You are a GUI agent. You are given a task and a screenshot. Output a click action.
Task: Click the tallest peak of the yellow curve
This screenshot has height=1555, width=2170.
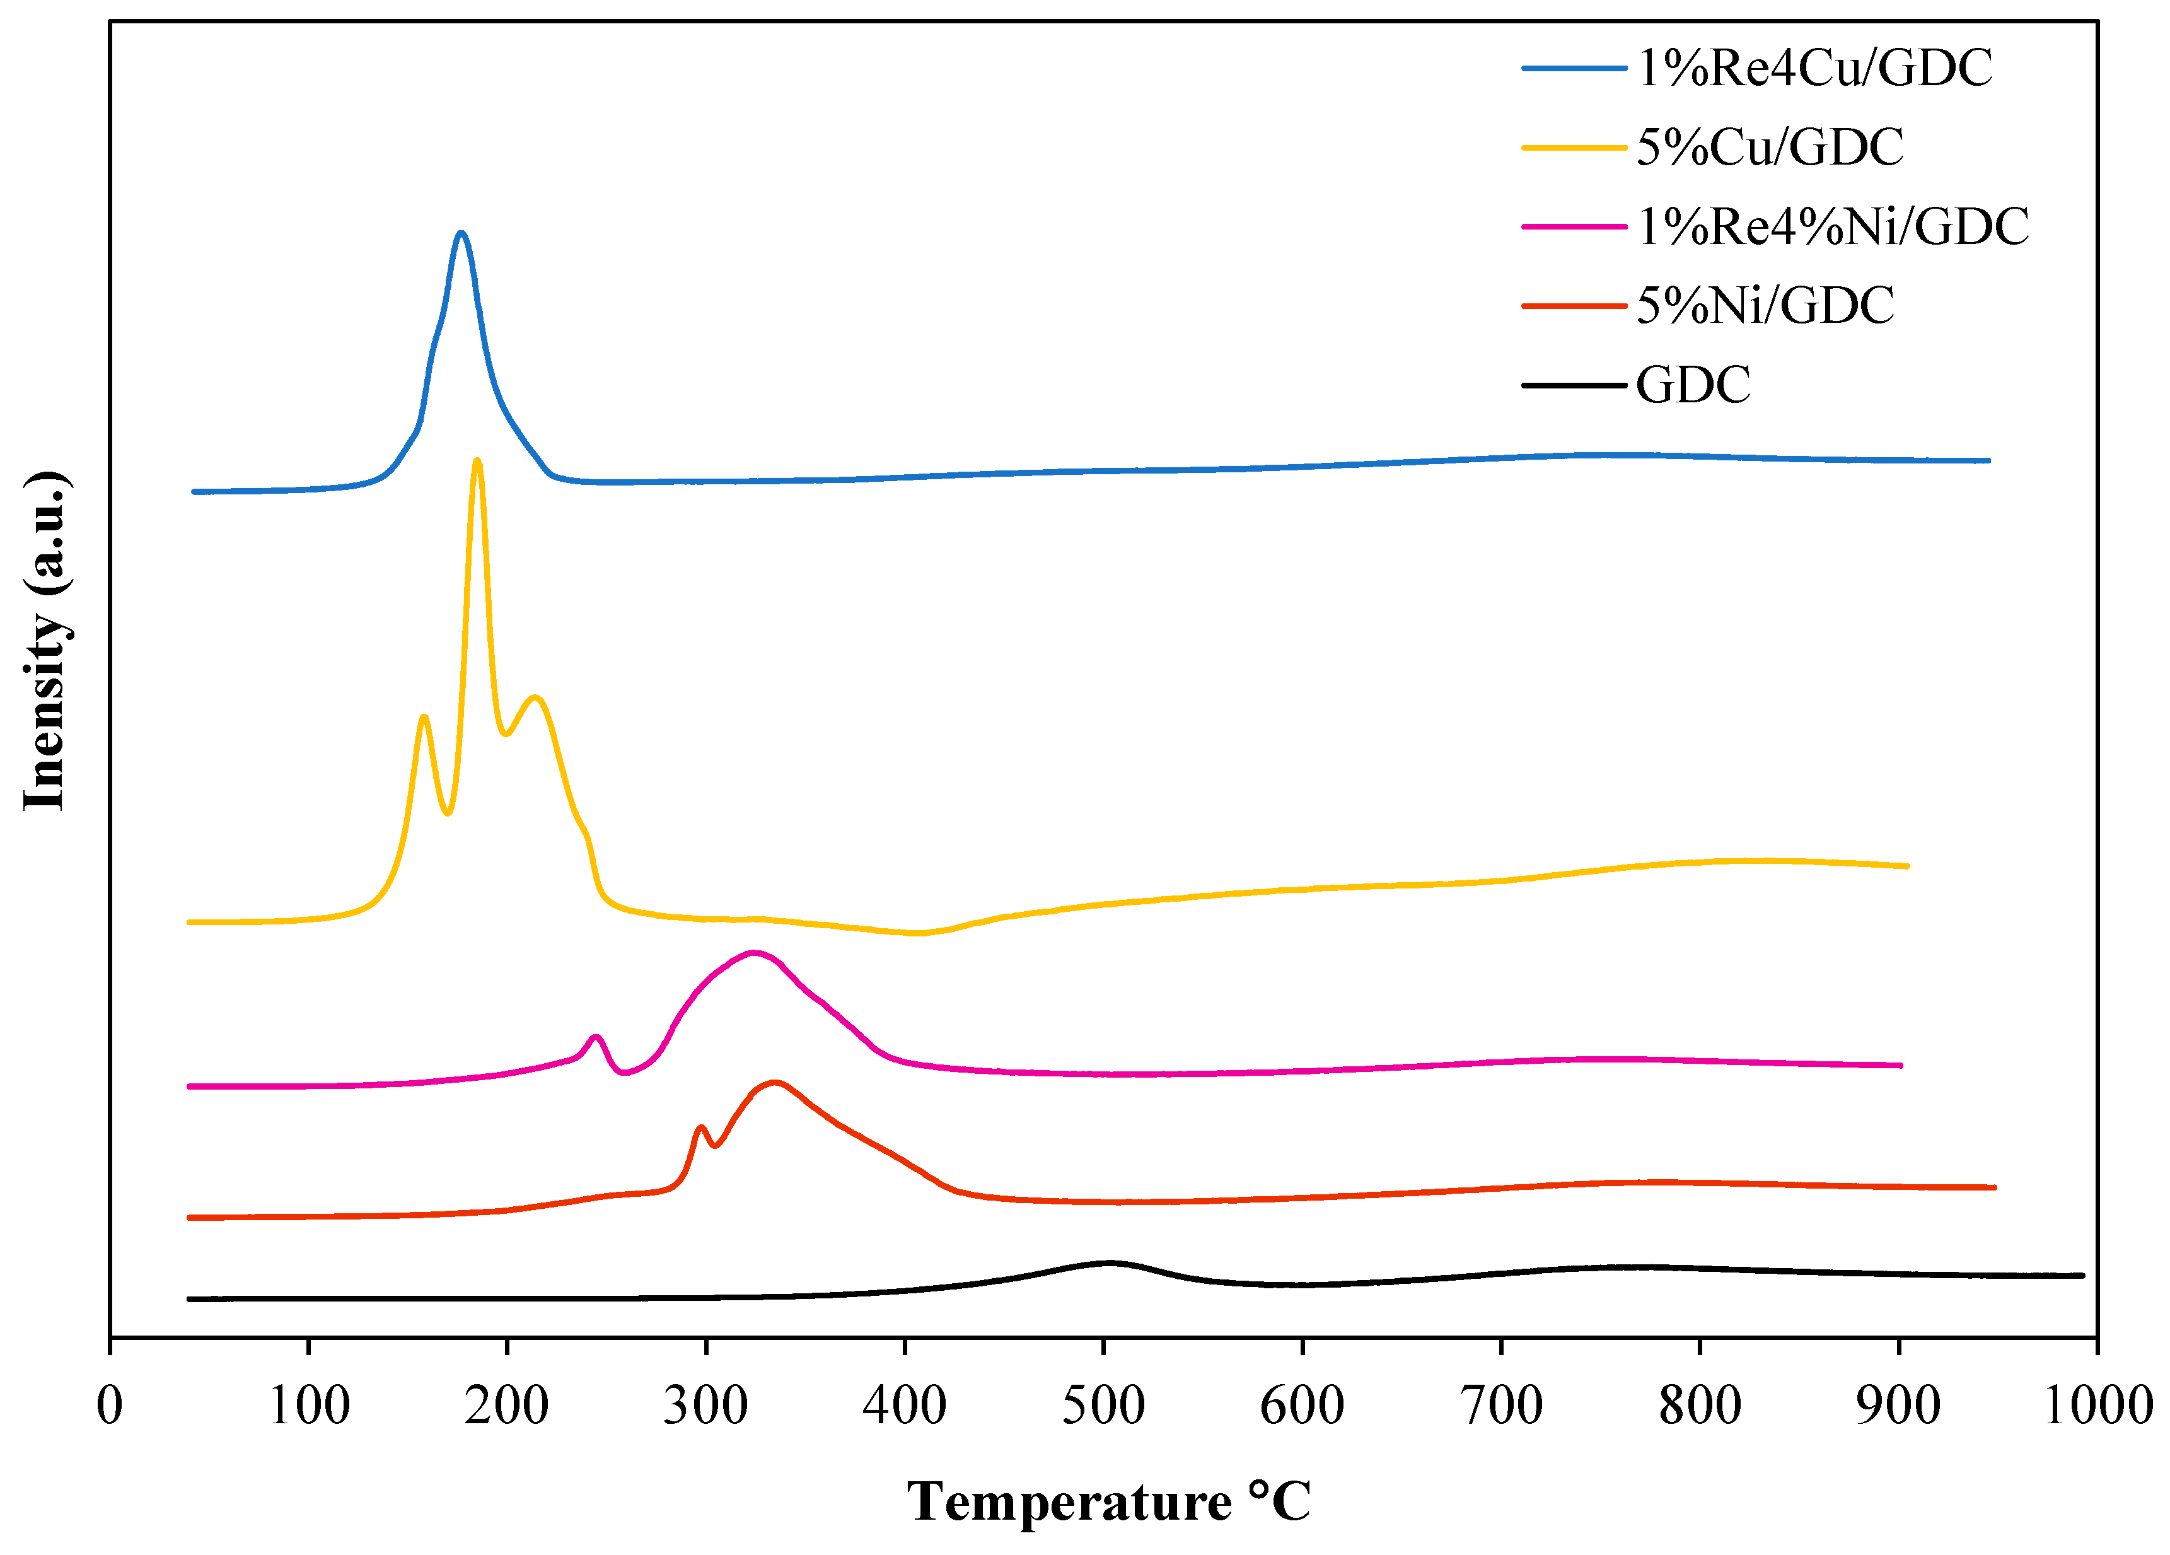click(477, 461)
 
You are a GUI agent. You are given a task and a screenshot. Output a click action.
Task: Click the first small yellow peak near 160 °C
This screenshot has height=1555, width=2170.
click(424, 717)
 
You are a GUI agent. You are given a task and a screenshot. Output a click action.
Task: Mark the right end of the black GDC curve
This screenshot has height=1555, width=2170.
click(2082, 1276)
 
